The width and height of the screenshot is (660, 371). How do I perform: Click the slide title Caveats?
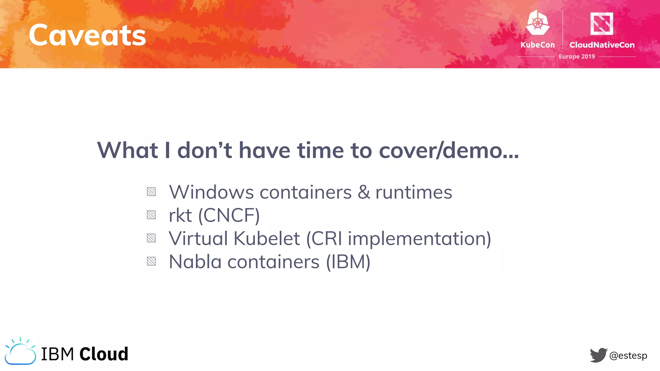point(87,35)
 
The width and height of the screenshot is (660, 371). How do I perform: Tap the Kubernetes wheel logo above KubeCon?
point(538,23)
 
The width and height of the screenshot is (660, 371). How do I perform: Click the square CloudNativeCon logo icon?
point(601,24)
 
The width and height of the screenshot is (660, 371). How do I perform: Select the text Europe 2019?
point(577,56)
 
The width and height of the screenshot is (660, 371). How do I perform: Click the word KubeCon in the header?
point(538,45)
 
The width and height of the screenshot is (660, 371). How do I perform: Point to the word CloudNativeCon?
point(602,45)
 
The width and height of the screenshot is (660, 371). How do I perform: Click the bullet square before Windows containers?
point(151,192)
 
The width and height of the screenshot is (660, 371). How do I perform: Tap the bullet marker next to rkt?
point(151,215)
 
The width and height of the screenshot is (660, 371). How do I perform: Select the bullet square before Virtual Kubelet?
point(151,238)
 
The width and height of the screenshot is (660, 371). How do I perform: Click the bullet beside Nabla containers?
point(151,261)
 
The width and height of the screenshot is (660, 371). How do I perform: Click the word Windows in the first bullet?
point(211,192)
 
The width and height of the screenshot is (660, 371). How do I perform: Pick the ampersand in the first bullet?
point(364,192)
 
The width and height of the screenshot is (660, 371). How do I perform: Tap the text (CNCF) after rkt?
point(229,215)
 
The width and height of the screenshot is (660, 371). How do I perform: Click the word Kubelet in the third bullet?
point(267,239)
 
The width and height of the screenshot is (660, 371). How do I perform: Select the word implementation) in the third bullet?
point(419,239)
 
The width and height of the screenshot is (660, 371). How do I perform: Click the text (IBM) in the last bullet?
point(348,262)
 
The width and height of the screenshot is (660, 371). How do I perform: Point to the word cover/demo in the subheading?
point(449,150)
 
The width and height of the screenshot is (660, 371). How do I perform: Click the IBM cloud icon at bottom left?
point(20,352)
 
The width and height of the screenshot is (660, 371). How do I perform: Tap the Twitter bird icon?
point(598,355)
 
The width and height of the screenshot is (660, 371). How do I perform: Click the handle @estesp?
point(628,356)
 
